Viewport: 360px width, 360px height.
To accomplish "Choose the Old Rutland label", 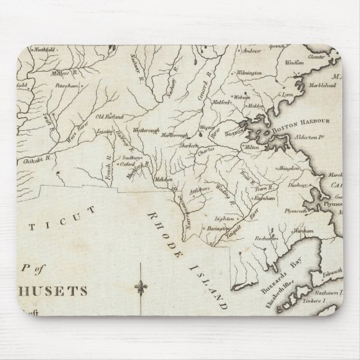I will (110, 116).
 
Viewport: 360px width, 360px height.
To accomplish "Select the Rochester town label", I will (266, 238).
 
